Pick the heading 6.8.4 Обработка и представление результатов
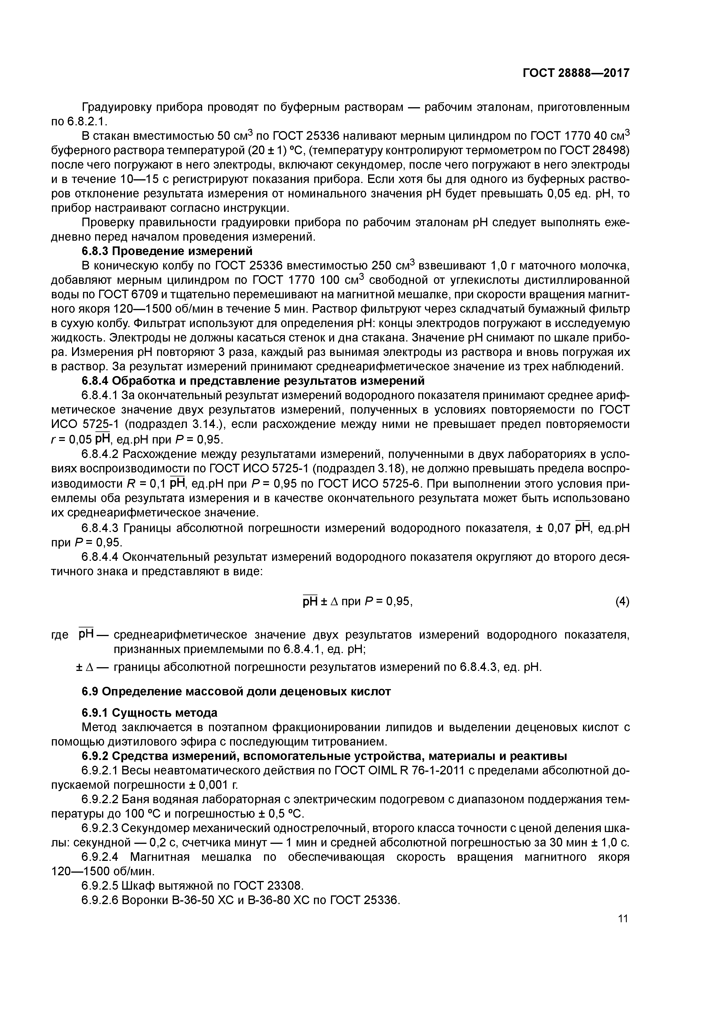(253, 380)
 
